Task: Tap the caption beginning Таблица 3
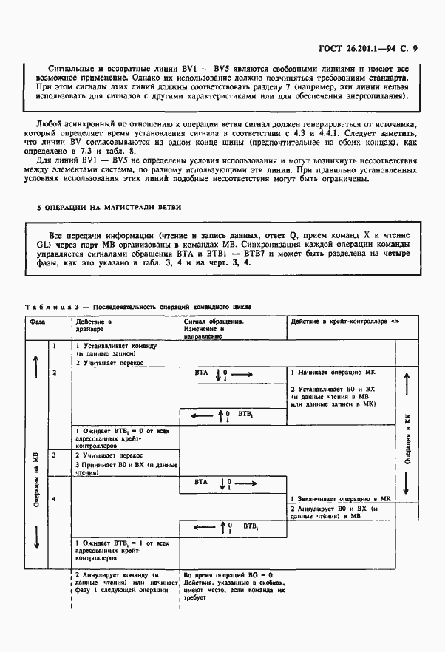click(x=141, y=305)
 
